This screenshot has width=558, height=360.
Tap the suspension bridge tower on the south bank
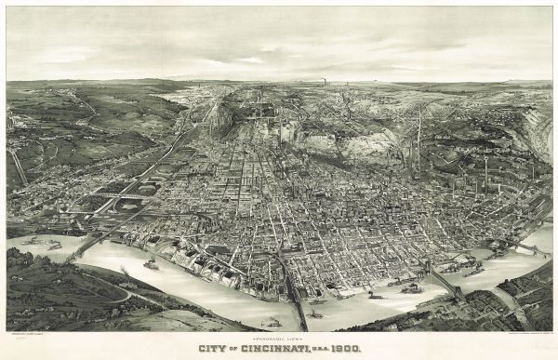(x=457, y=292)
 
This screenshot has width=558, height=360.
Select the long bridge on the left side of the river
(x=88, y=244)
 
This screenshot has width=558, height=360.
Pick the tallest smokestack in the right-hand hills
(x=418, y=140)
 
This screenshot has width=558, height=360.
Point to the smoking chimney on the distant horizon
(x=324, y=82)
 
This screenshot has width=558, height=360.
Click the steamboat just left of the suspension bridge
(x=410, y=288)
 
